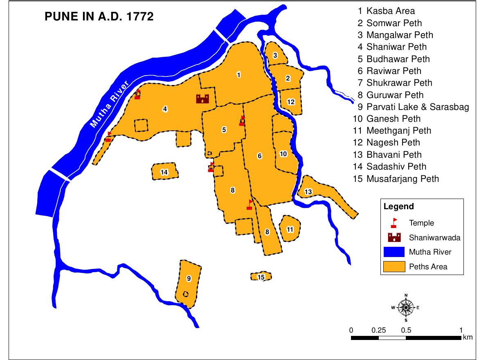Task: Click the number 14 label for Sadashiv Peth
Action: click(164, 172)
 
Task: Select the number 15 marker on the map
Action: click(261, 277)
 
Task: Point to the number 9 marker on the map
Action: click(189, 279)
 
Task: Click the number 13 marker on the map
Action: click(308, 192)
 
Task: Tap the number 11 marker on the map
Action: click(290, 229)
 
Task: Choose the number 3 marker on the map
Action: click(275, 56)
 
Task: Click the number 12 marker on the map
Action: click(291, 102)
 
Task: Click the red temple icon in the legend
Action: click(394, 222)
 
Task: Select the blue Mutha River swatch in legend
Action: click(394, 252)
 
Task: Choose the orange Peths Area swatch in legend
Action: click(394, 266)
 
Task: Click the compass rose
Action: click(406, 307)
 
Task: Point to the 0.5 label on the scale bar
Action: click(406, 330)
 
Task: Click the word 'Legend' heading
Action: click(398, 207)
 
